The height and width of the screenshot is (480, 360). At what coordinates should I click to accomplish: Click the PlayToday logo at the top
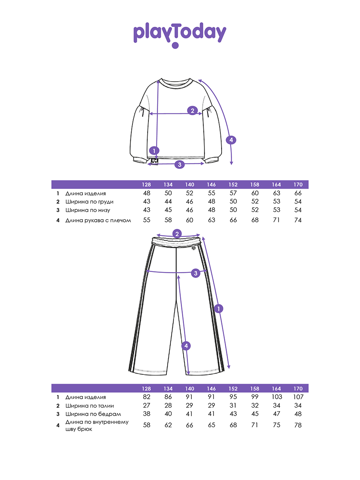pyautogui.click(x=180, y=34)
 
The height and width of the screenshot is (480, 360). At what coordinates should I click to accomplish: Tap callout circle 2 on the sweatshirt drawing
pyautogui.click(x=192, y=111)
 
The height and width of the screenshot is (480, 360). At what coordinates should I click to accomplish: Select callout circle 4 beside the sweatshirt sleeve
pyautogui.click(x=231, y=140)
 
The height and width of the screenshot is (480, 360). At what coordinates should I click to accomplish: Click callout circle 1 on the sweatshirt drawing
pyautogui.click(x=154, y=151)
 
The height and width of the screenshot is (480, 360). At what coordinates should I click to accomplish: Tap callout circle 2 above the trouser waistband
pyautogui.click(x=177, y=234)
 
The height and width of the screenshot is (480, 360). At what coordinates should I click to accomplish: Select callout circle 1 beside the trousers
pyautogui.click(x=218, y=308)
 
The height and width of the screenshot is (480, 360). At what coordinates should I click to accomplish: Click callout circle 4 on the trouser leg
pyautogui.click(x=186, y=346)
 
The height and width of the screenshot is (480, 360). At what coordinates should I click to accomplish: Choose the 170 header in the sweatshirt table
pyautogui.click(x=298, y=185)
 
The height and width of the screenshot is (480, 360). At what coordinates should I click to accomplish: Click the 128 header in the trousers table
pyautogui.click(x=146, y=388)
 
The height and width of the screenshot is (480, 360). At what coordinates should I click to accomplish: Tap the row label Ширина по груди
pyautogui.click(x=90, y=202)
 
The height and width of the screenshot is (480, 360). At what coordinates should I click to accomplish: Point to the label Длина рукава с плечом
pyautogui.click(x=98, y=220)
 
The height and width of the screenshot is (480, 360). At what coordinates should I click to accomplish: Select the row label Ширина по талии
pyautogui.click(x=90, y=406)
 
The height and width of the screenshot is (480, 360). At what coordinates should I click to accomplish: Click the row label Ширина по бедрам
pyautogui.click(x=93, y=414)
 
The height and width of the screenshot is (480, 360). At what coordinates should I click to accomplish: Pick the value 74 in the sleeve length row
pyautogui.click(x=298, y=220)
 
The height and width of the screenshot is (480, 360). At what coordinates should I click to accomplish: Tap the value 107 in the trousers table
pyautogui.click(x=298, y=397)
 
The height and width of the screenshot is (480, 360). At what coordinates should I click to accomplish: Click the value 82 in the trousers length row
pyautogui.click(x=146, y=397)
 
